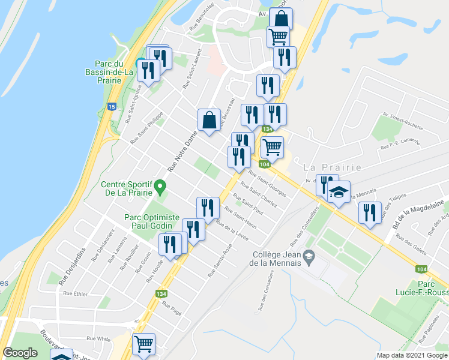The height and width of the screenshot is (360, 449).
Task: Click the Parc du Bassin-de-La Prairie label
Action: (113, 71)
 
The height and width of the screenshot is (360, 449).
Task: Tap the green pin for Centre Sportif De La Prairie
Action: (160, 187)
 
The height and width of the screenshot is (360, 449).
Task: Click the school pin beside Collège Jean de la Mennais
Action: (309, 257)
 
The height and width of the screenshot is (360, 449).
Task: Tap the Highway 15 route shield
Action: (112, 106)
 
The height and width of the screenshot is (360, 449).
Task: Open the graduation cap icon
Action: (339, 192)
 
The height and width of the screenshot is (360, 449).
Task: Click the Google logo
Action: (20, 353)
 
